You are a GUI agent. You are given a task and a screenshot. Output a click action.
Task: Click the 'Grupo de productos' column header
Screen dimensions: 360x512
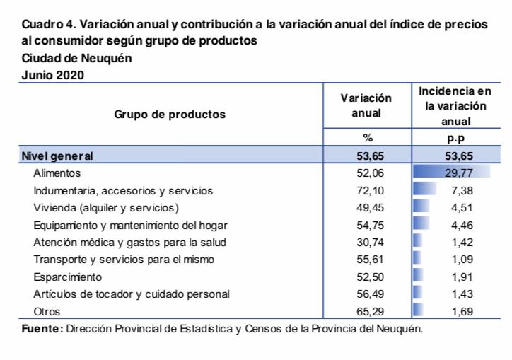pyautogui.click(x=170, y=114)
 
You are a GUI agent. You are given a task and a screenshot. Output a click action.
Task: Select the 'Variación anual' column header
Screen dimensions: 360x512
pyautogui.click(x=366, y=105)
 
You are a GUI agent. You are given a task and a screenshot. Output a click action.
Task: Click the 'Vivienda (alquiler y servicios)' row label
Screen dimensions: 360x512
pyautogui.click(x=106, y=208)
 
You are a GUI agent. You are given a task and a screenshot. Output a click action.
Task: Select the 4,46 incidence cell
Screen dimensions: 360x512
pyautogui.click(x=462, y=226)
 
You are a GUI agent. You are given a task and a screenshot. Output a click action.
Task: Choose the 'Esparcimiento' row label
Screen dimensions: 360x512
pyautogui.click(x=68, y=277)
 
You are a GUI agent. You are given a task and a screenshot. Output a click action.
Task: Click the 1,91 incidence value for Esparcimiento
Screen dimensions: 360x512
pyautogui.click(x=462, y=277)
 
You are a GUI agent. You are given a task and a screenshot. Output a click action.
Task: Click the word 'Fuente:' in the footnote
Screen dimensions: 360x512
pyautogui.click(x=42, y=329)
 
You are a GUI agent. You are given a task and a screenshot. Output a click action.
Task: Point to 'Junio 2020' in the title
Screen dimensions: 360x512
pyautogui.click(x=53, y=75)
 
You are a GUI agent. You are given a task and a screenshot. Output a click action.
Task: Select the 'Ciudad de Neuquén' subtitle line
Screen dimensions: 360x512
pyautogui.click(x=76, y=59)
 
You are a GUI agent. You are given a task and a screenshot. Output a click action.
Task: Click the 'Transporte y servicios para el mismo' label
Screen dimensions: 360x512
pyautogui.click(x=124, y=260)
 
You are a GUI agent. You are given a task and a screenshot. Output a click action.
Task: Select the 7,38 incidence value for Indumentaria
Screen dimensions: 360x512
pyautogui.click(x=462, y=191)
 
